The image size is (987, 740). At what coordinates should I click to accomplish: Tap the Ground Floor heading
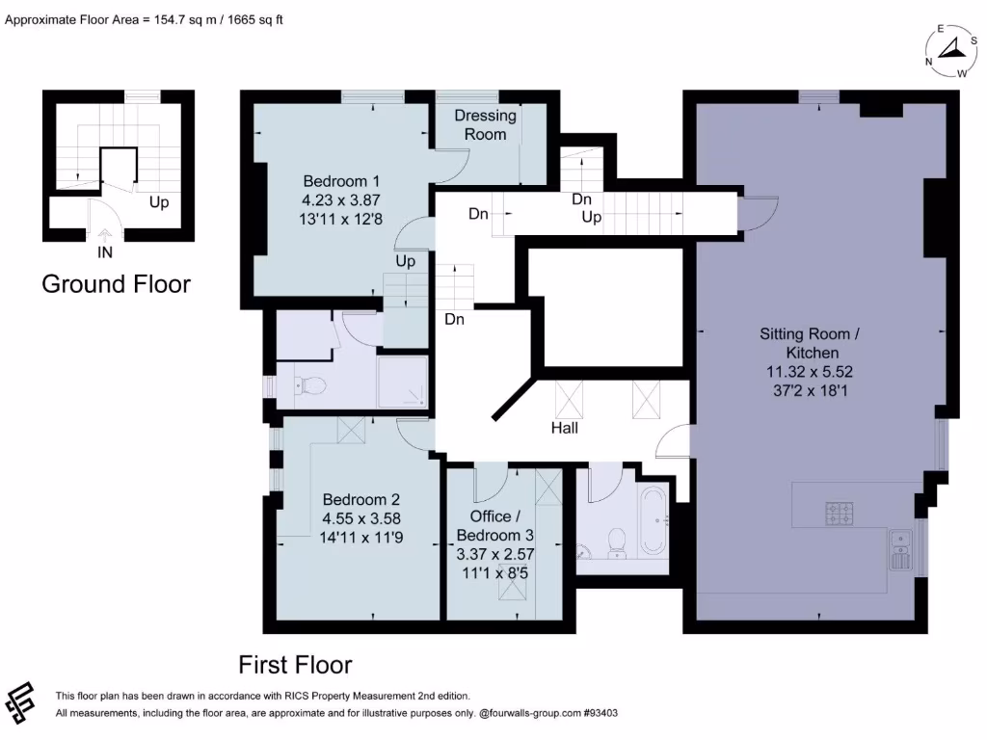pyautogui.click(x=116, y=284)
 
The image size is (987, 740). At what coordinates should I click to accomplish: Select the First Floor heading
pyautogui.click(x=295, y=665)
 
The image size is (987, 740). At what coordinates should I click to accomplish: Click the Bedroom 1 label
pyautogui.click(x=341, y=181)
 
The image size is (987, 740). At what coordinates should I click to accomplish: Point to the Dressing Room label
pyautogui.click(x=485, y=125)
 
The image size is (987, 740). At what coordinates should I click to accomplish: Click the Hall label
pyautogui.click(x=565, y=427)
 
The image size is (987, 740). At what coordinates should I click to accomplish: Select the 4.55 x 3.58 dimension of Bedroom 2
pyautogui.click(x=361, y=518)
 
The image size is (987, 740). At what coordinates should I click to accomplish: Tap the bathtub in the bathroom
pyautogui.click(x=654, y=521)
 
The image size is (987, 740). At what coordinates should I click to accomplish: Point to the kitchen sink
pyautogui.click(x=902, y=549)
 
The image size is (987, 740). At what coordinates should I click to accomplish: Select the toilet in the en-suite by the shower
pyautogui.click(x=310, y=387)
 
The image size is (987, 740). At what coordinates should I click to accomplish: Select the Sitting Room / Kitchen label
pyautogui.click(x=806, y=344)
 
